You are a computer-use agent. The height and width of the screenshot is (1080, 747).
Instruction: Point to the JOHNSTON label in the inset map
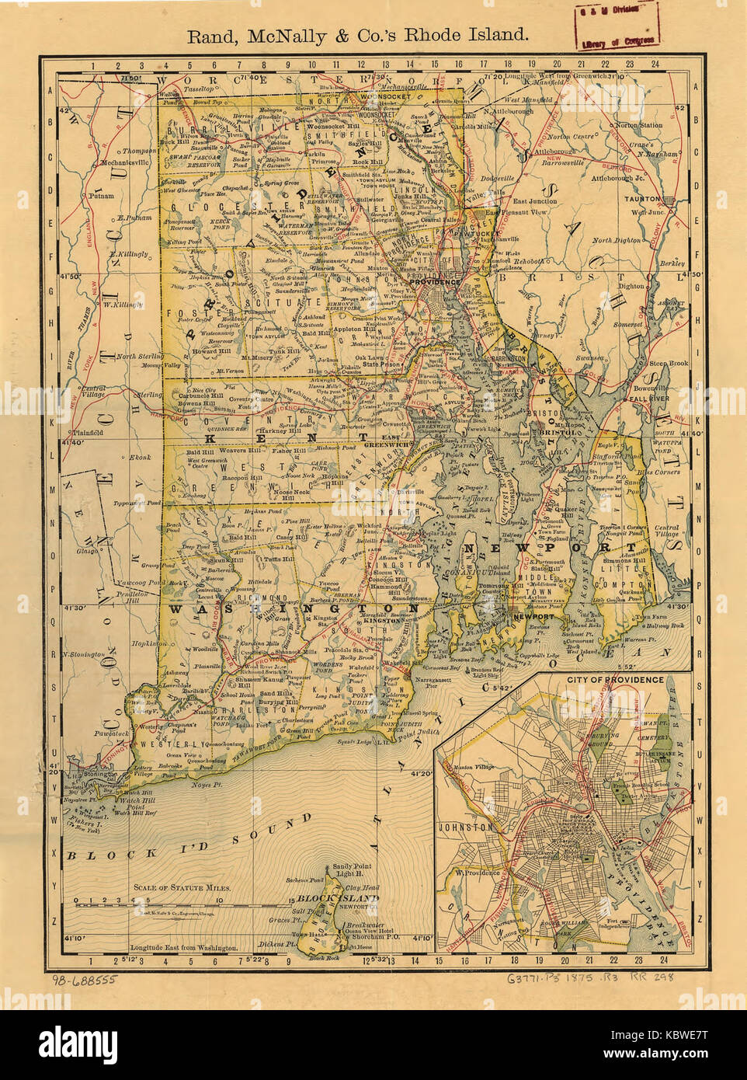(x=465, y=827)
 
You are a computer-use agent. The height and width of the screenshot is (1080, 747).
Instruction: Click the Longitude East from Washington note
(x=184, y=948)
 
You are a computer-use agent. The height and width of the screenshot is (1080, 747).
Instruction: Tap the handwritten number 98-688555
(x=85, y=980)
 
